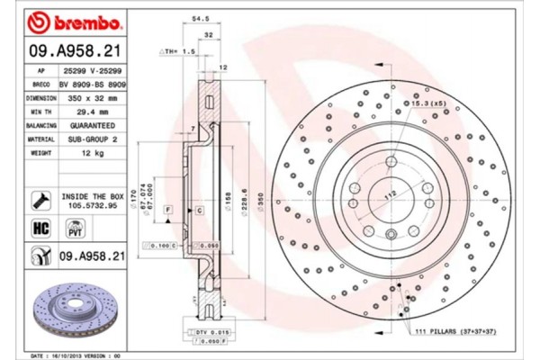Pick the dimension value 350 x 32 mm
coord(94,96)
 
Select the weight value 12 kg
coord(94,153)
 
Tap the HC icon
coord(40,229)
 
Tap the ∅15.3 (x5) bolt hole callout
coord(427,104)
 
